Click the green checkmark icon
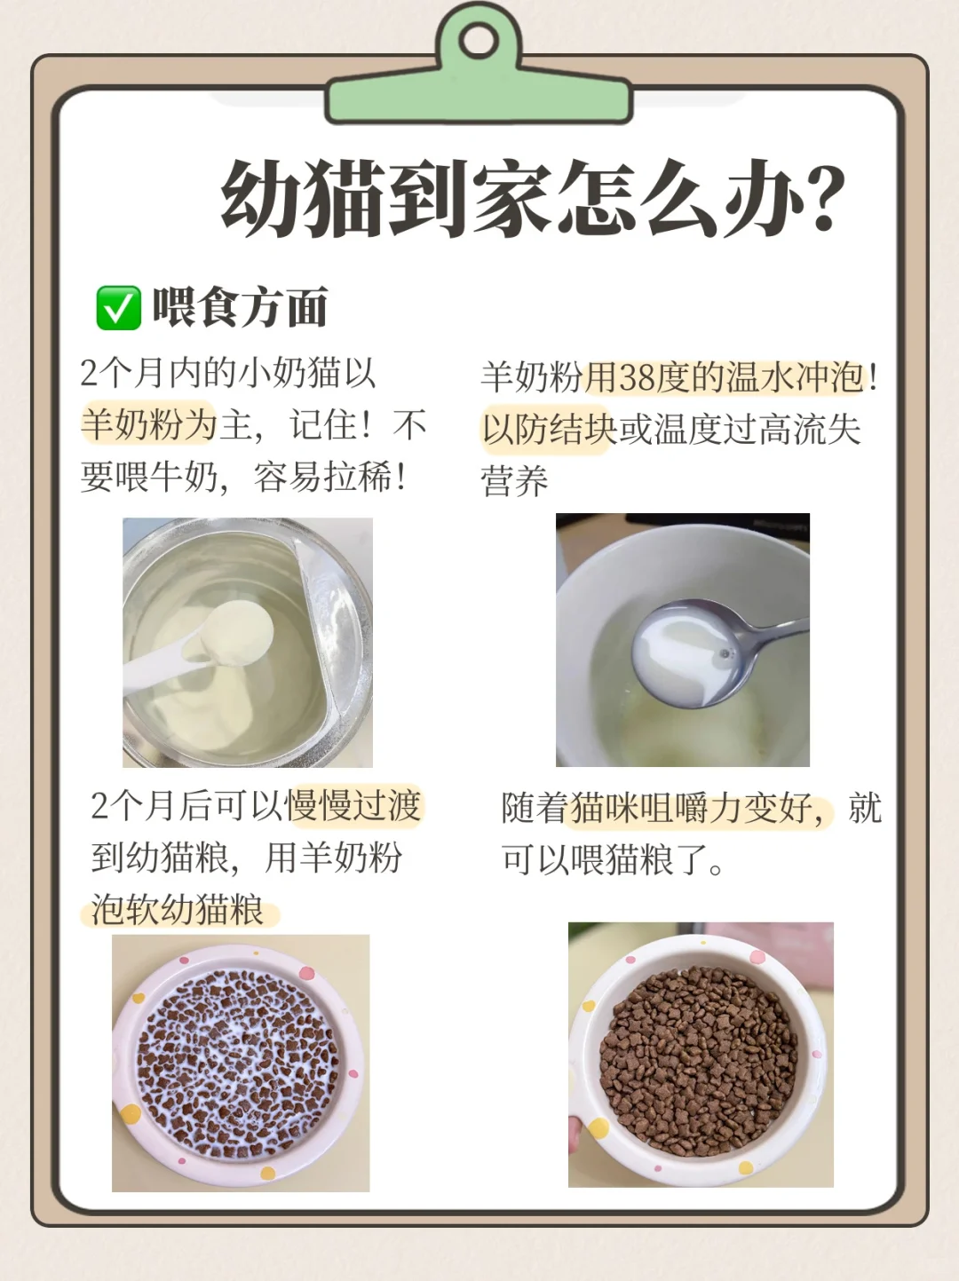point(118,307)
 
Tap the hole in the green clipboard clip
point(479,42)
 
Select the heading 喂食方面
point(240,307)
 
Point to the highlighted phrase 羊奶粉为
point(149,424)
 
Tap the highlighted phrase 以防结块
point(549,431)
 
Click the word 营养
point(514,482)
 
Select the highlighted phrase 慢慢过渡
point(353,807)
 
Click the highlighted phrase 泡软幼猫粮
point(178,910)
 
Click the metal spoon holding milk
point(712,651)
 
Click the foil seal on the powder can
point(334,624)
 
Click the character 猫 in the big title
point(344,198)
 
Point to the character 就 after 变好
point(865,809)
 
